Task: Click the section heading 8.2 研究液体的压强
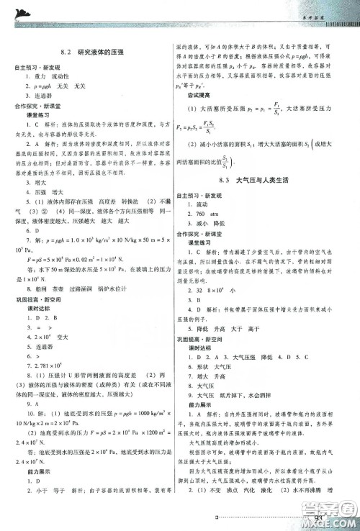[x=93, y=53]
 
